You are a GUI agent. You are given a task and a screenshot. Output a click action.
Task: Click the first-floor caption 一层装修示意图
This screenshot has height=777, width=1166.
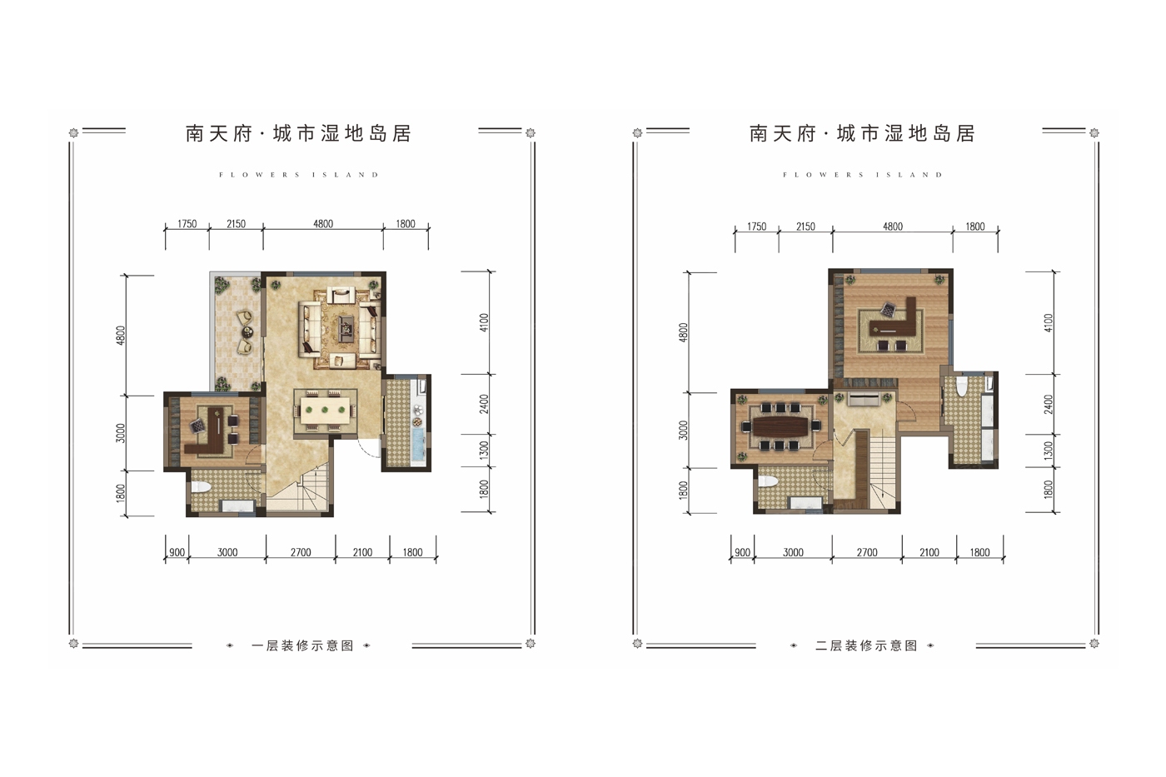click(302, 646)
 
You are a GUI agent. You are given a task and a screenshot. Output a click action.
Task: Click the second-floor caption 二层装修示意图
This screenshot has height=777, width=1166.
click(866, 646)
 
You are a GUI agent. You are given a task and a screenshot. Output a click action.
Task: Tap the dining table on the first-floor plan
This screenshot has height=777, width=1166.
click(325, 410)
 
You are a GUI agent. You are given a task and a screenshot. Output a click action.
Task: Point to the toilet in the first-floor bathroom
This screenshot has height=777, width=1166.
click(199, 487)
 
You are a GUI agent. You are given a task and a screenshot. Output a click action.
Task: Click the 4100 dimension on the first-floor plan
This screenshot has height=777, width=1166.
click(484, 322)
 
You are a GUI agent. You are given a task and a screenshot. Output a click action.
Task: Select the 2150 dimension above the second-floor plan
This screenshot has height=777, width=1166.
click(805, 227)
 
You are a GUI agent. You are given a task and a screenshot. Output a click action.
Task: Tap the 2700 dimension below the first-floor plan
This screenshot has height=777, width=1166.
click(301, 552)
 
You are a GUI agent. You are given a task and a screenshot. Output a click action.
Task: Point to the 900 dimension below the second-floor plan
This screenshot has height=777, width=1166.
click(742, 552)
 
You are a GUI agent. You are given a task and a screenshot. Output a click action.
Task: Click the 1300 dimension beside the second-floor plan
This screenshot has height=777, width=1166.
click(1049, 451)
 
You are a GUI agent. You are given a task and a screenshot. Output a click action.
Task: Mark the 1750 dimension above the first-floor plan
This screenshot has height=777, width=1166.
click(187, 224)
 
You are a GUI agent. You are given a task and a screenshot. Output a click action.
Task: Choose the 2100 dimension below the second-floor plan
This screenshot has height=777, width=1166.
click(929, 552)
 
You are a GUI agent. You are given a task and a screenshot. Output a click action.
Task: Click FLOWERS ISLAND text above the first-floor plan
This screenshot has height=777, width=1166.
click(299, 175)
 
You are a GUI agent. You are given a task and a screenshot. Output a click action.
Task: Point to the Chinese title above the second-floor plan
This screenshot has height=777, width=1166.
click(862, 134)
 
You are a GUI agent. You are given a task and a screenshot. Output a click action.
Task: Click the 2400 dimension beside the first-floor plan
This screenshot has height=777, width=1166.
click(484, 404)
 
